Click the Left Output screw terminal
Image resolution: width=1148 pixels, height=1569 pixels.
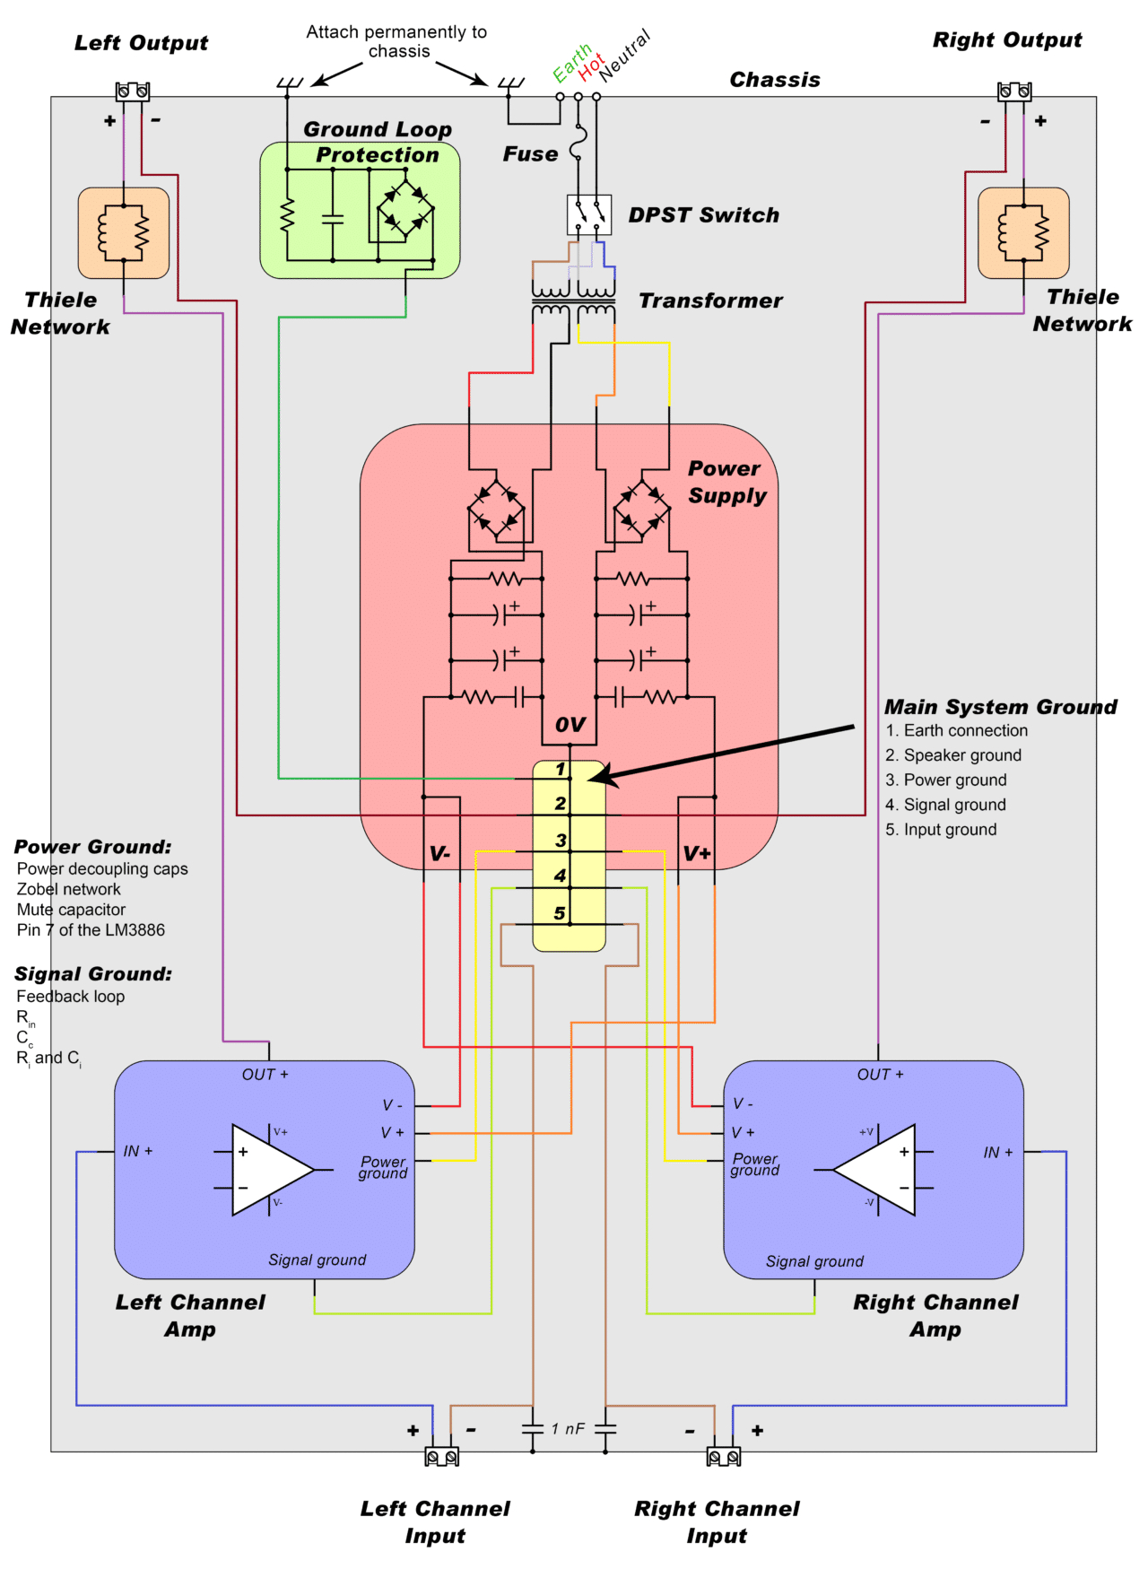pos(132,91)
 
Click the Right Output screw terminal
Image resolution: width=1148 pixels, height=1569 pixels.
pos(1014,91)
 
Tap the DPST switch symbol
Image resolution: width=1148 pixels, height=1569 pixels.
pos(589,214)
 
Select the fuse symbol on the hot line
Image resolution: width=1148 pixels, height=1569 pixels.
pos(577,144)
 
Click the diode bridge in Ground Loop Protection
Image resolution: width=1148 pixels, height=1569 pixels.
pos(405,209)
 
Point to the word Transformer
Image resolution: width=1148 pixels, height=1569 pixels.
pos(710,301)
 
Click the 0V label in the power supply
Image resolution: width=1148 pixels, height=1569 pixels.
pos(570,724)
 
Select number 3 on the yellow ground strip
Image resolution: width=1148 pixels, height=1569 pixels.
pos(561,841)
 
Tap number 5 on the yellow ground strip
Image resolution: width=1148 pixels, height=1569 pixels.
pos(560,913)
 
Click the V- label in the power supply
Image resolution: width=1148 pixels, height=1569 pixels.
pos(439,854)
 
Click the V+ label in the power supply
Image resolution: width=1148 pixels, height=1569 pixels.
pos(697,853)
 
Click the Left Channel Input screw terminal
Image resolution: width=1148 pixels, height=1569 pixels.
pos(441,1457)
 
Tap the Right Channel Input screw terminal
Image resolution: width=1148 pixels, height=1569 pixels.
pos(723,1457)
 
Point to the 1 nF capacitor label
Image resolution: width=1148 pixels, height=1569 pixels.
pos(568,1428)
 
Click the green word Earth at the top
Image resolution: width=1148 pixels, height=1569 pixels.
pos(571,63)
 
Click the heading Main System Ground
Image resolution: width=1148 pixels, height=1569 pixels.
pos(1000,707)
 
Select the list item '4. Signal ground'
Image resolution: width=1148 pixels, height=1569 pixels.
pos(945,805)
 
